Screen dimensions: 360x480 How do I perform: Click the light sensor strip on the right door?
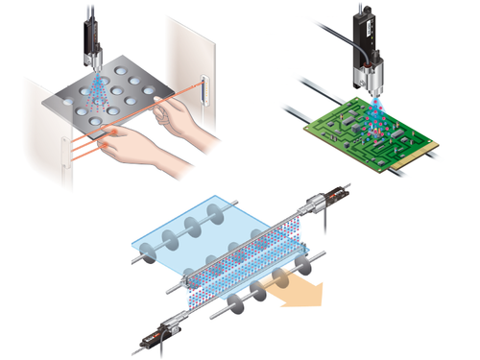(x=204, y=88)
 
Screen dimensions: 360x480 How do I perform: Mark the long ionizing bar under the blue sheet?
(x=245, y=264)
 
